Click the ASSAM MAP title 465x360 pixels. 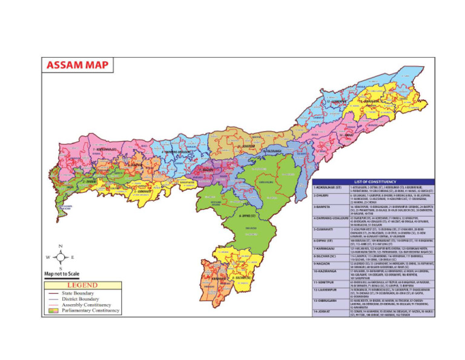(76, 65)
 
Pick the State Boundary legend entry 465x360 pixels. (79, 293)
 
